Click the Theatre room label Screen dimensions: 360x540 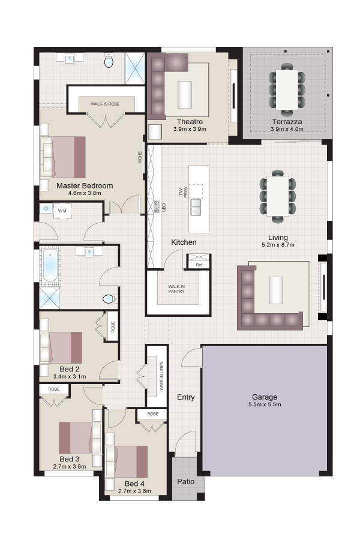pyautogui.click(x=190, y=122)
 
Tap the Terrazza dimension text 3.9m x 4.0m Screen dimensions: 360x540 pyautogui.click(x=287, y=129)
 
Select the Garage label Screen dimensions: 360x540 pyautogui.click(x=264, y=397)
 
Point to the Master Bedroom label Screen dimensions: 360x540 pyautogui.click(x=85, y=185)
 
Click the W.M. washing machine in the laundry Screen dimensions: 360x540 pyautogui.click(x=62, y=211)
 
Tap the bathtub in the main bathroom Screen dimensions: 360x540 pyautogui.click(x=50, y=265)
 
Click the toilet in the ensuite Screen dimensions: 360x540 pyautogui.click(x=109, y=61)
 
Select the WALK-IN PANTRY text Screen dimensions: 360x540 pyautogui.click(x=176, y=289)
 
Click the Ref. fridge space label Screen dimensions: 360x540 pyautogui.click(x=199, y=265)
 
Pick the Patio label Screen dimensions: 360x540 pyautogui.click(x=185, y=481)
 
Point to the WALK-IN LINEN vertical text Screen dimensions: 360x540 pyautogui.click(x=161, y=376)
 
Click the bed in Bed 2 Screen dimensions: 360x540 pyautogui.click(x=61, y=347)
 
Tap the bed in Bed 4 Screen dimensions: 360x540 pyautogui.click(x=127, y=461)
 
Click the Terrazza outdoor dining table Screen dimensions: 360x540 pyautogui.click(x=287, y=89)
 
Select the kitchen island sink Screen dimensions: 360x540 pyautogui.click(x=196, y=206)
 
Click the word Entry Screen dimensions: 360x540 pyautogui.click(x=185, y=397)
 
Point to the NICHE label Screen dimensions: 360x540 pyautogui.click(x=140, y=157)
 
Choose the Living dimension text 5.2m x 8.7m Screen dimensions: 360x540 pyautogui.click(x=278, y=245)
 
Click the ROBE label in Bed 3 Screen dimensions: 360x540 pyautogui.click(x=54, y=389)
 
